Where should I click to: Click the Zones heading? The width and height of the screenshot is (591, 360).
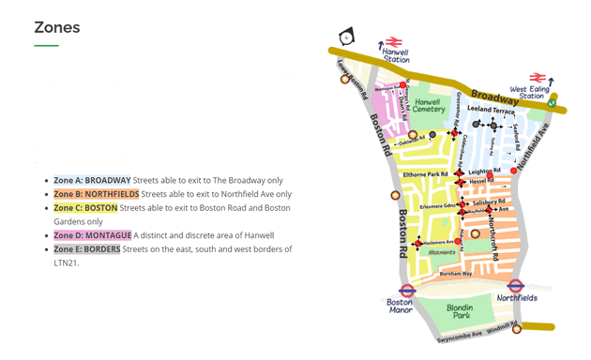(56, 27)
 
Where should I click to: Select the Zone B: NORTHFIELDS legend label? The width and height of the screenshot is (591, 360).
(98, 194)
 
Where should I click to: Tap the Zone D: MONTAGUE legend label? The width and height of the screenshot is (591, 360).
(92, 234)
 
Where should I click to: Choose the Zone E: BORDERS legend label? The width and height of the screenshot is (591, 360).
(86, 248)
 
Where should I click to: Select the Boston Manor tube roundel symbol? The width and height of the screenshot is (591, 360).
(407, 291)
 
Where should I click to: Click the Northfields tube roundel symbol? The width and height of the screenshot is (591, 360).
(515, 286)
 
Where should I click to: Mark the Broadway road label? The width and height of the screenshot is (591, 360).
(494, 97)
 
